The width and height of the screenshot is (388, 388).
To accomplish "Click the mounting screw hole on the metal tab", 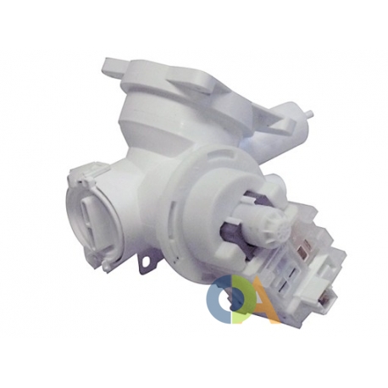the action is tap(147, 260).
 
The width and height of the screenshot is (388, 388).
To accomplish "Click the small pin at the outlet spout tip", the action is tap(311, 114).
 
